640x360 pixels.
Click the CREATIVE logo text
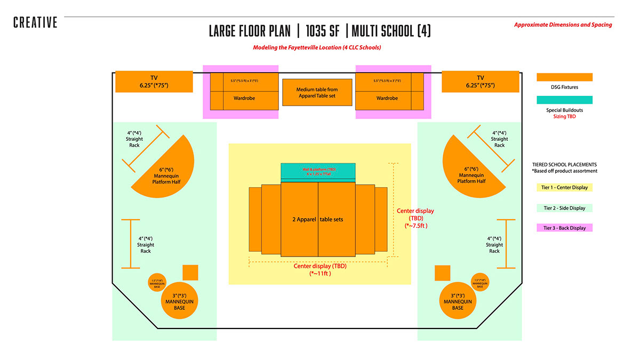point(35,22)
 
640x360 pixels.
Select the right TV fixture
point(481,82)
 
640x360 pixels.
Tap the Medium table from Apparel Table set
point(317,92)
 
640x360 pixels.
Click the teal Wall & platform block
point(318,171)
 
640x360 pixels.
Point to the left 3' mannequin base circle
point(180,301)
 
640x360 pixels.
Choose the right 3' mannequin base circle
point(458,301)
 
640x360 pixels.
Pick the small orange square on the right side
point(442,273)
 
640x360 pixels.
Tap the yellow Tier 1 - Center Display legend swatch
point(565,187)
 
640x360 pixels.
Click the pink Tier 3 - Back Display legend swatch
point(565,228)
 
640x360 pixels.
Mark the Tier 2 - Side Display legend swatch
point(565,208)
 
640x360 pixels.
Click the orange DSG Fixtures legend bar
point(565,77)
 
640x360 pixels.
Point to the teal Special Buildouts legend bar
point(565,100)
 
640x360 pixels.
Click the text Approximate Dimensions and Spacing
point(563,25)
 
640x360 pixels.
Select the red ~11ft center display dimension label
point(320,274)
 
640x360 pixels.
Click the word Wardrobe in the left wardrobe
point(244,98)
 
